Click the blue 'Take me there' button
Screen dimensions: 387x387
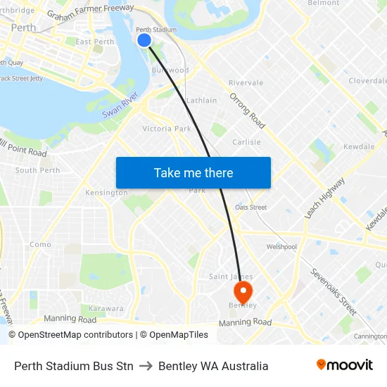(193, 172)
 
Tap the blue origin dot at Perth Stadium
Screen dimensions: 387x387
(144, 40)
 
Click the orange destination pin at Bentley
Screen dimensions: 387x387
(243, 291)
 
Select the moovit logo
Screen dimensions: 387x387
(344, 365)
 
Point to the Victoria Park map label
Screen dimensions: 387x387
(167, 129)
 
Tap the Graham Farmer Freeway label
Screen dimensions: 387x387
(90, 11)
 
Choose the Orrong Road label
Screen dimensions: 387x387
(248, 110)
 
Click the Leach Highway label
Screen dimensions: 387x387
(325, 198)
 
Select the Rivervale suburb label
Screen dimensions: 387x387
(246, 82)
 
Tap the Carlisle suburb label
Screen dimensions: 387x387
(246, 141)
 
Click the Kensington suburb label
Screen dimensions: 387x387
(106, 192)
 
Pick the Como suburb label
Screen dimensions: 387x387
(40, 245)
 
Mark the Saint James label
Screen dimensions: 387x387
(230, 277)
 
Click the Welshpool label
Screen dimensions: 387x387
(281, 247)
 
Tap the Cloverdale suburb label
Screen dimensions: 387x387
(367, 81)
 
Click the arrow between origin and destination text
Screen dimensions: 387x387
(146, 366)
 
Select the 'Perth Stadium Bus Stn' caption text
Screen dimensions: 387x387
(74, 366)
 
